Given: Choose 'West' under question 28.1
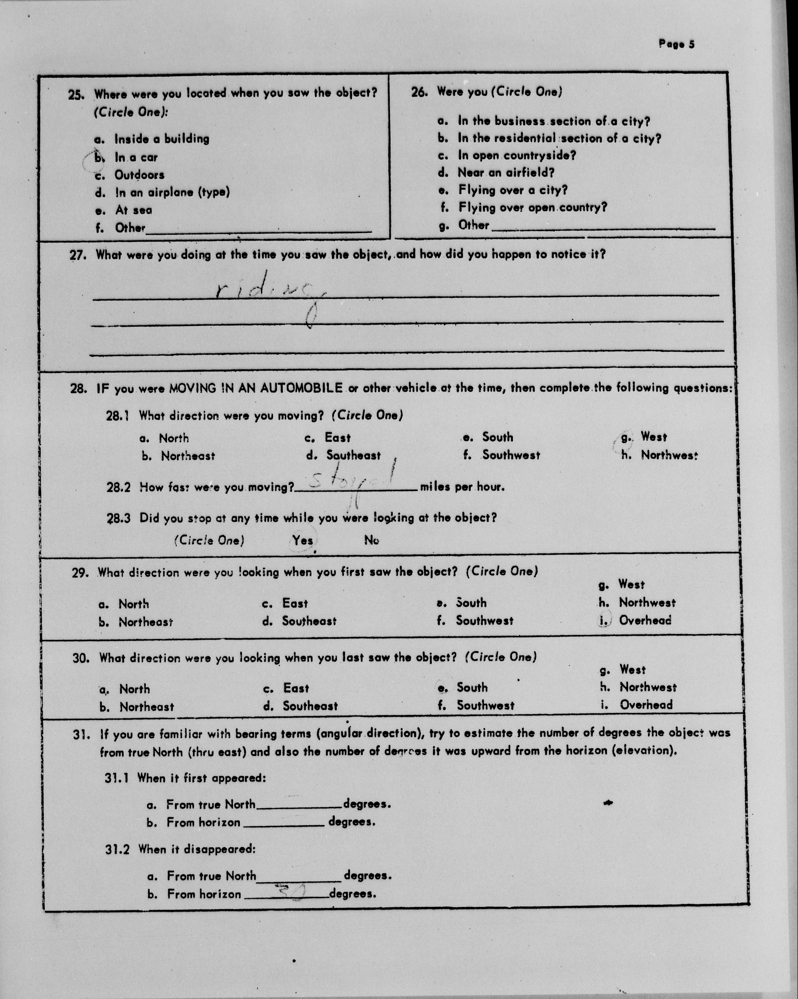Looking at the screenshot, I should coord(653,437).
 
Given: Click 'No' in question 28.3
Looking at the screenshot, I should coord(371,540).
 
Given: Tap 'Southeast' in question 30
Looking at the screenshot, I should coord(310,706).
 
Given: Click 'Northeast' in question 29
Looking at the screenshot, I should coord(145,622).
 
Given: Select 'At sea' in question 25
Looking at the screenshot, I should coord(133,210).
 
